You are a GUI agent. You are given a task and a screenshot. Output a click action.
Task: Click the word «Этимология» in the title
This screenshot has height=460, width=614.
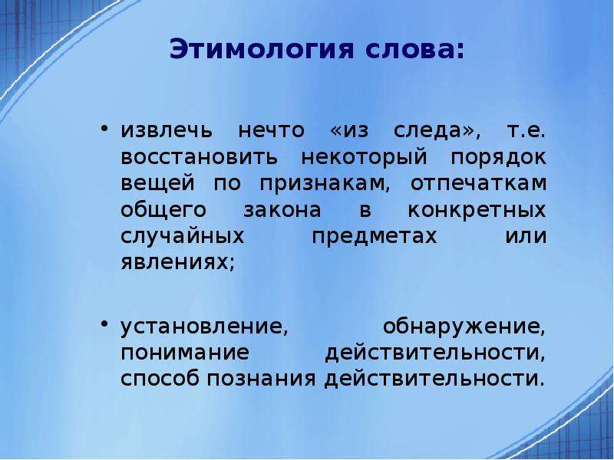click(x=262, y=50)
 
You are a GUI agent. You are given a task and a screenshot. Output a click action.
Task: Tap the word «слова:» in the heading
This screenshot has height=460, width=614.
click(x=415, y=50)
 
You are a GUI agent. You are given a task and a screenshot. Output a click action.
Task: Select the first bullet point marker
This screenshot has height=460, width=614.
click(x=104, y=129)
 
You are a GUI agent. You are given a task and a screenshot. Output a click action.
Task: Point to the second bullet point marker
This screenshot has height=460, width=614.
click(x=104, y=324)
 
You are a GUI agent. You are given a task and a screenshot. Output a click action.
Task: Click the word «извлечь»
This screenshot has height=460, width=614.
click(x=167, y=130)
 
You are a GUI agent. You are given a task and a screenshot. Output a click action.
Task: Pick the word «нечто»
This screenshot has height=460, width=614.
click(x=271, y=130)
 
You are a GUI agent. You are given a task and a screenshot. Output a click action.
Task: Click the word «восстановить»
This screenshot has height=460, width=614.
click(x=199, y=157)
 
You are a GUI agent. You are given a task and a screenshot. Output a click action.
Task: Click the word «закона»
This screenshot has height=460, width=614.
click(x=282, y=210)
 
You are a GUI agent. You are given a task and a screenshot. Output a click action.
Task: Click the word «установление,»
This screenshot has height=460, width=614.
click(x=204, y=328)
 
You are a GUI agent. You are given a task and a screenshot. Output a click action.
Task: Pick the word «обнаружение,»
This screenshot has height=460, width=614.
click(x=464, y=328)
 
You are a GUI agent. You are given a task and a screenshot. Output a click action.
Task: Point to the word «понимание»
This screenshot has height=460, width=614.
click(x=185, y=353)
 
